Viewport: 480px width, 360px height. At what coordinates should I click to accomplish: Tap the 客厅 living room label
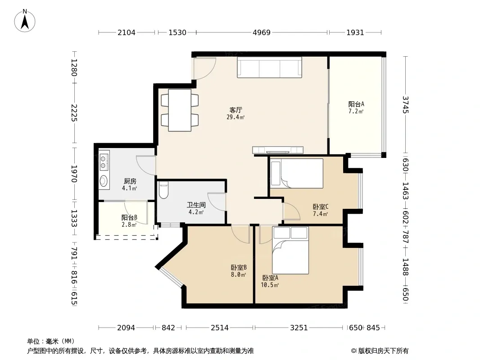click(235, 110)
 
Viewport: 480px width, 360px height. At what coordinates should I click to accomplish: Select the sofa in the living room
click(269, 67)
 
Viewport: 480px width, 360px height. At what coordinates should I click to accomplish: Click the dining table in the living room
click(180, 110)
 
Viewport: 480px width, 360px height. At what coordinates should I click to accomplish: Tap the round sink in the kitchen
click(104, 181)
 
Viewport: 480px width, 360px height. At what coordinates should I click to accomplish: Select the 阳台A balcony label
click(356, 104)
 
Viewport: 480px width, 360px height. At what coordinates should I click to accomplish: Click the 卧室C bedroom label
click(321, 207)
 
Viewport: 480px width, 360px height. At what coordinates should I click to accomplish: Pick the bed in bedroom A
click(290, 251)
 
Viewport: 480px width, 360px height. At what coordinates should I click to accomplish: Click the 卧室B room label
click(239, 268)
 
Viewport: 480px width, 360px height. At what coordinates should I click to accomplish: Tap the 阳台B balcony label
click(129, 218)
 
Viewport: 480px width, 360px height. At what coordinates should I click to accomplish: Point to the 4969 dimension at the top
click(262, 32)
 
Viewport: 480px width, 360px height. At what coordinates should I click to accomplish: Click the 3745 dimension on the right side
click(405, 104)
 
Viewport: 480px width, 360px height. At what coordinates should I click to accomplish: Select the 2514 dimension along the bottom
click(219, 328)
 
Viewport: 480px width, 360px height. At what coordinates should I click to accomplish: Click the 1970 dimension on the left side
click(74, 174)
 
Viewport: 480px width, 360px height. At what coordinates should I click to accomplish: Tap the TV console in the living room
click(278, 150)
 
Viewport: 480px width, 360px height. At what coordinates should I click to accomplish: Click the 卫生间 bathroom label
click(196, 205)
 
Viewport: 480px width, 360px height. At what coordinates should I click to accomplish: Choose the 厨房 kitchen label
click(130, 181)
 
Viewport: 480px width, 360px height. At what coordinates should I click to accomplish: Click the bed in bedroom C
click(297, 173)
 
